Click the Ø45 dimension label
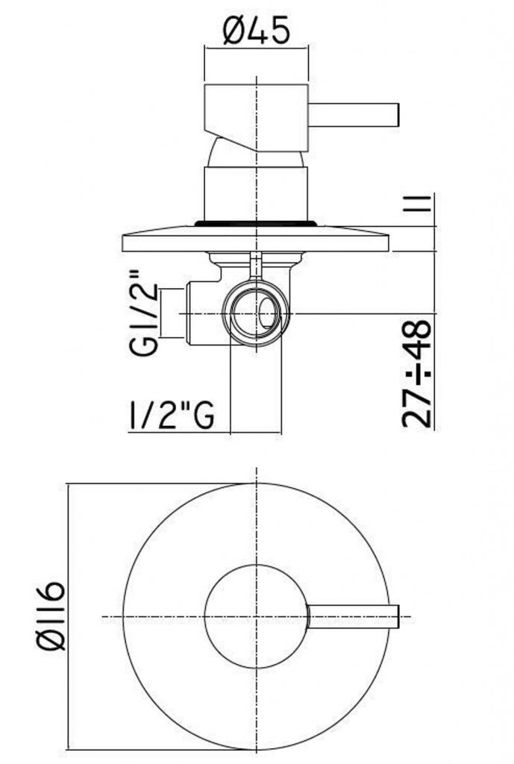(256, 31)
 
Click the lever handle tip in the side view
(395, 115)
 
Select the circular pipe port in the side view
(255, 311)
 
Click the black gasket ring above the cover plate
(255, 222)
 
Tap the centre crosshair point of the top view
(256, 616)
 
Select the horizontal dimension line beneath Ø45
(256, 50)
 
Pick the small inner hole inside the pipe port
(266, 313)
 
